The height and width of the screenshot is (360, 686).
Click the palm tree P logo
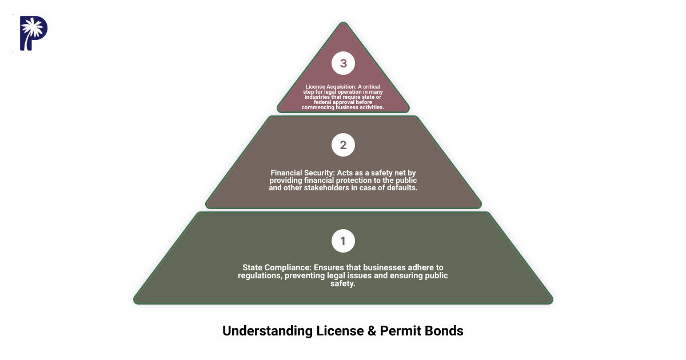(x=33, y=33)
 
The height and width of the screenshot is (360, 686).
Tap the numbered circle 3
(x=343, y=63)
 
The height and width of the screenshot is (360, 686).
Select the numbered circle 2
(x=343, y=145)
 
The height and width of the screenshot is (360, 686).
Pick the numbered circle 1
(x=343, y=241)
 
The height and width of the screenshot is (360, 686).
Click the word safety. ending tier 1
(x=343, y=283)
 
